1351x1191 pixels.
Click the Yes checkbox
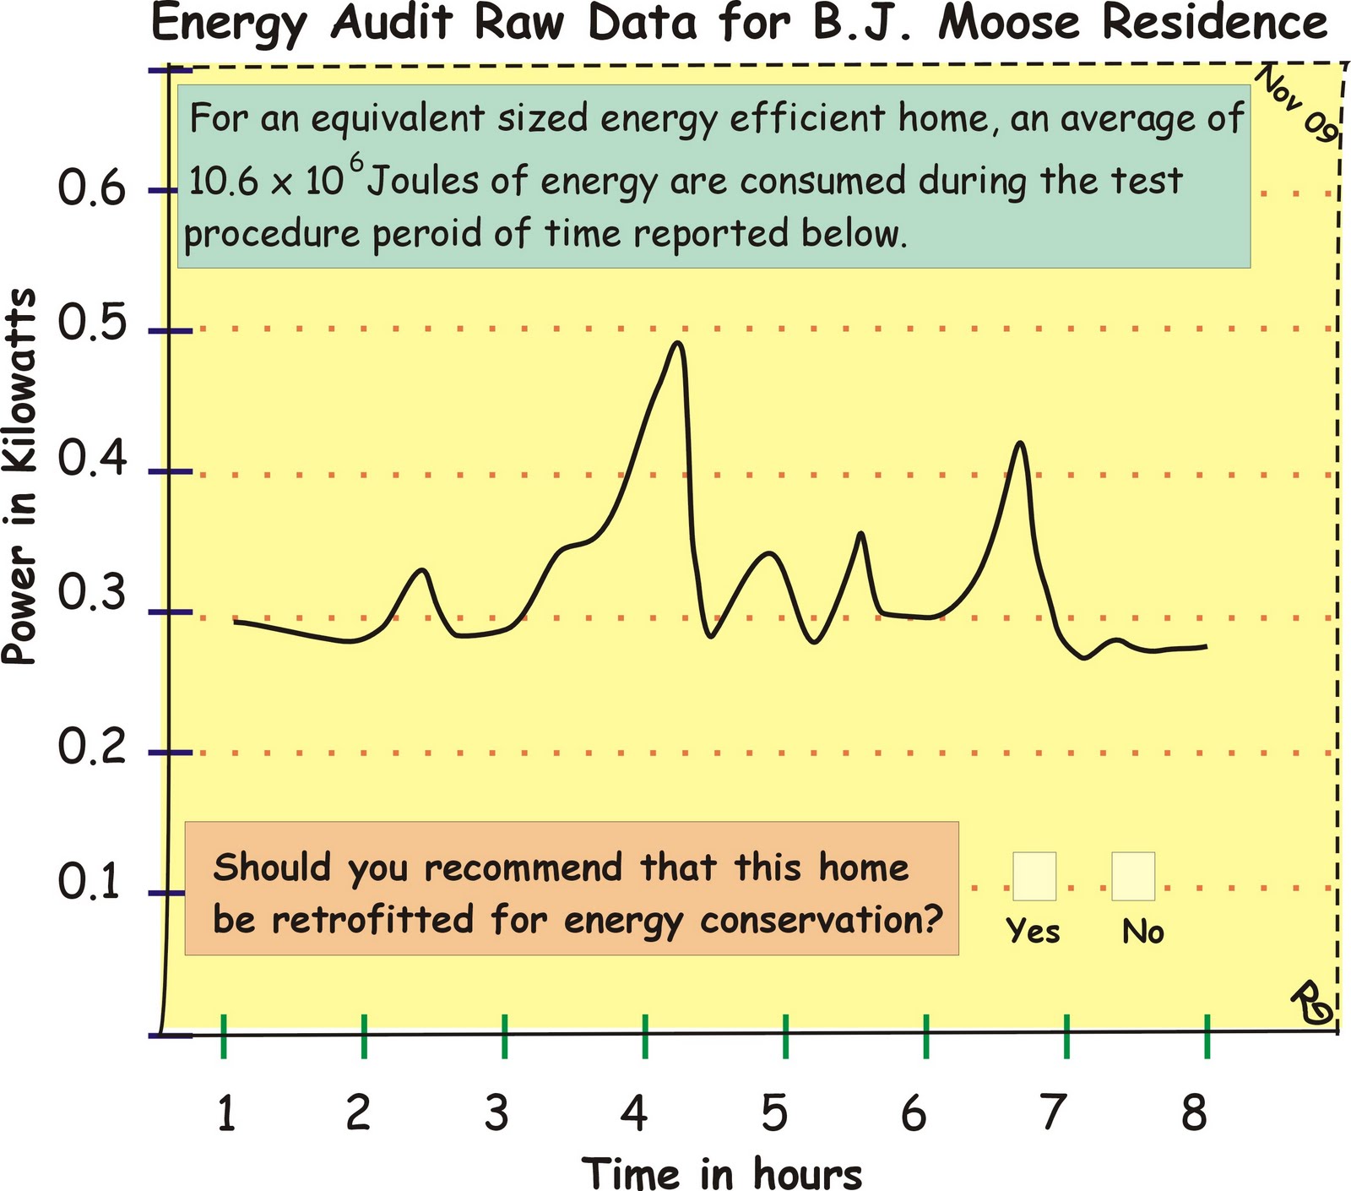(1034, 877)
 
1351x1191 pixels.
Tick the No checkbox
(1132, 877)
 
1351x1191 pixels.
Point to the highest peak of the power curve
(677, 343)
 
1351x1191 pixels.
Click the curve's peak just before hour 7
(1021, 443)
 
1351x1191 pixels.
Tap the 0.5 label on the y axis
(91, 324)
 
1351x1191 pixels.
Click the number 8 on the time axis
(1194, 1112)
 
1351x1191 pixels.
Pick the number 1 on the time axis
(225, 1112)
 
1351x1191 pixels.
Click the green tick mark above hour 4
(645, 1036)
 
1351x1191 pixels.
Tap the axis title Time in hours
(722, 1173)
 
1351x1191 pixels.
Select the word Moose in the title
(1008, 22)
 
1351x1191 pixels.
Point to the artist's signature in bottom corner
(1310, 1003)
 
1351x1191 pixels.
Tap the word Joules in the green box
(423, 181)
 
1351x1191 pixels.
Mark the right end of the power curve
(1206, 646)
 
